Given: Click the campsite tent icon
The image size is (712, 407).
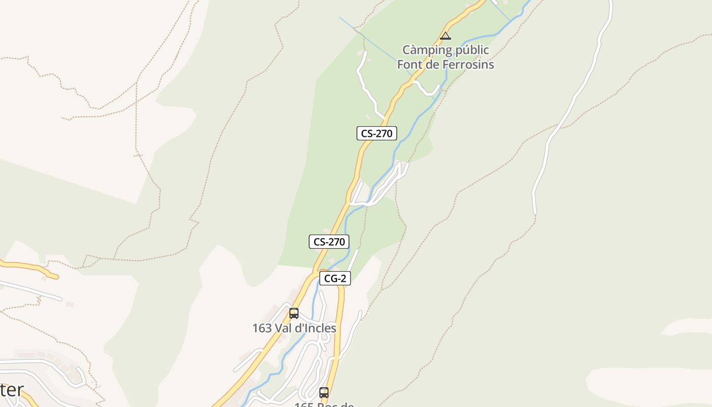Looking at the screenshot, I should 446,36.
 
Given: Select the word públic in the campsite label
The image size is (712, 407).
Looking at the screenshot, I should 470,50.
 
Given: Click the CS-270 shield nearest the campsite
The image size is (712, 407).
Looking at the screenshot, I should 376,133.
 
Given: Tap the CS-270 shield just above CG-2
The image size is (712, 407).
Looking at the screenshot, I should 329,242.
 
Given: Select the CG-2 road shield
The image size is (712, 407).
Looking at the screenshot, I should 335,278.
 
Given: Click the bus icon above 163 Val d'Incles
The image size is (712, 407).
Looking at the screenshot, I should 294,313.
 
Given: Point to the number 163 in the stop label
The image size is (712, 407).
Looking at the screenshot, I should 262,328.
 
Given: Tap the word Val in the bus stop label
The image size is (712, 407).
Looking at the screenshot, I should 283,328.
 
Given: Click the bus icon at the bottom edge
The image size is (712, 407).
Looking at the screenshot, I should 324,393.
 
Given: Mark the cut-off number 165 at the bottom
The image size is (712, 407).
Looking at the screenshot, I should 304,404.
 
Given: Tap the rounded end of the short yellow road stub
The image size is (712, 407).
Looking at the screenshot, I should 56,277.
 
